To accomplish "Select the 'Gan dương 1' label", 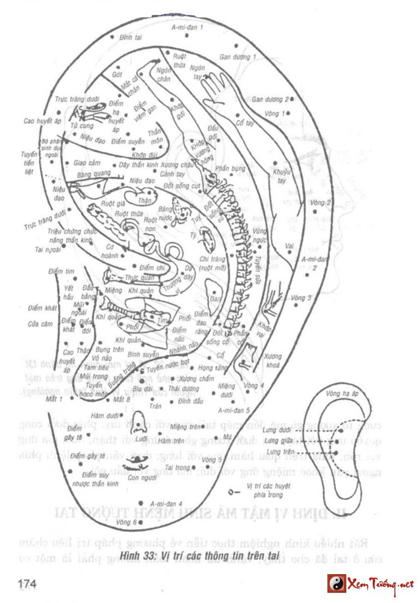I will (x=237, y=57).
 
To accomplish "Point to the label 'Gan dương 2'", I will (x=270, y=100).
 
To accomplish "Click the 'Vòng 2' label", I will (x=321, y=202).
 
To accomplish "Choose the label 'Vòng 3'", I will (x=301, y=298).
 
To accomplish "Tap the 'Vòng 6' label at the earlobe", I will (x=126, y=522).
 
